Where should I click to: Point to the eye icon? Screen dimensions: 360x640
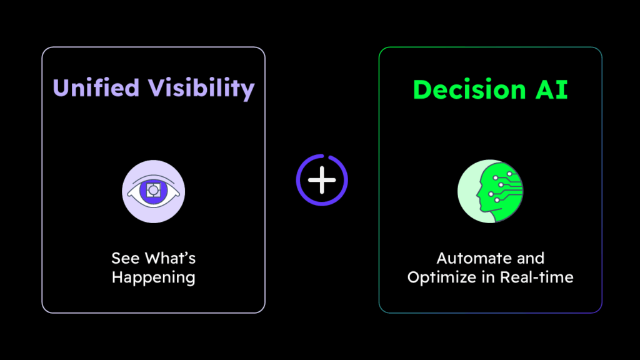(x=153, y=191)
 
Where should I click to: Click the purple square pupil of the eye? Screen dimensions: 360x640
(x=153, y=189)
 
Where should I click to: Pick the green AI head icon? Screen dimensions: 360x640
(x=490, y=191)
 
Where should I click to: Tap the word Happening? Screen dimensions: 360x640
(x=153, y=277)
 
